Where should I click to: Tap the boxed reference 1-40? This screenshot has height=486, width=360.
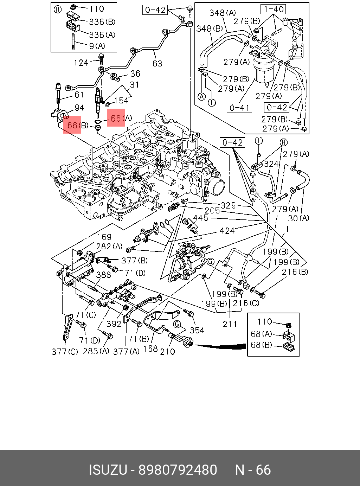pos(273,9)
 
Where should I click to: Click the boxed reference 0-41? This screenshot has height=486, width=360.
pos(239,107)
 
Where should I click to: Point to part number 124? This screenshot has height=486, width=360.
pos(81,63)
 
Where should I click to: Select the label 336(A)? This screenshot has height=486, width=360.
pos(102,35)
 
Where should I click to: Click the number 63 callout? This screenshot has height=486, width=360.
pos(157,63)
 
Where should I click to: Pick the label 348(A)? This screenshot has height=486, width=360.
pos(223,13)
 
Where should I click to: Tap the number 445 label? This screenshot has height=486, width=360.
pos(201,218)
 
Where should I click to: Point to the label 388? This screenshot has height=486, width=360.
pos(104,275)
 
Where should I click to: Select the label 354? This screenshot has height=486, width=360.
pos(197,330)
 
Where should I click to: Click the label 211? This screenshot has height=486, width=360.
pos(230,324)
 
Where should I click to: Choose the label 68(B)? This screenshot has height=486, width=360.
pos(261,345)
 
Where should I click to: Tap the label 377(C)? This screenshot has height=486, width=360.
pos(65,351)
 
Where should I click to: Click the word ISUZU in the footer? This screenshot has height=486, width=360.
pos(108,470)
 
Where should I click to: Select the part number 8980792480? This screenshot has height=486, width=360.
pos(178,470)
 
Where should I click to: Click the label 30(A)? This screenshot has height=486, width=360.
pos(298,218)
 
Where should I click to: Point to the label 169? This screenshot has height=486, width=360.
pos(104,237)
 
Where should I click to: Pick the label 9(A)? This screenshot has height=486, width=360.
pos(97,46)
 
